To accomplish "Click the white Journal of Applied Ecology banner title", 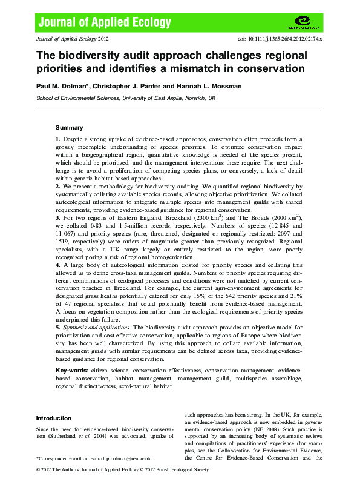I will [105, 23].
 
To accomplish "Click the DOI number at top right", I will [281, 38].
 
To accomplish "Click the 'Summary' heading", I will [69, 128].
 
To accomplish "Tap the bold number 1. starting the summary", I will [58, 139].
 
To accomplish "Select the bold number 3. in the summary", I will [58, 217].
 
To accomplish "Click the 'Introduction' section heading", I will [53, 418].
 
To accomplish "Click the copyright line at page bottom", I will [121, 469].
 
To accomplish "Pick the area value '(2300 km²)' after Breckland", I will [194, 217].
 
